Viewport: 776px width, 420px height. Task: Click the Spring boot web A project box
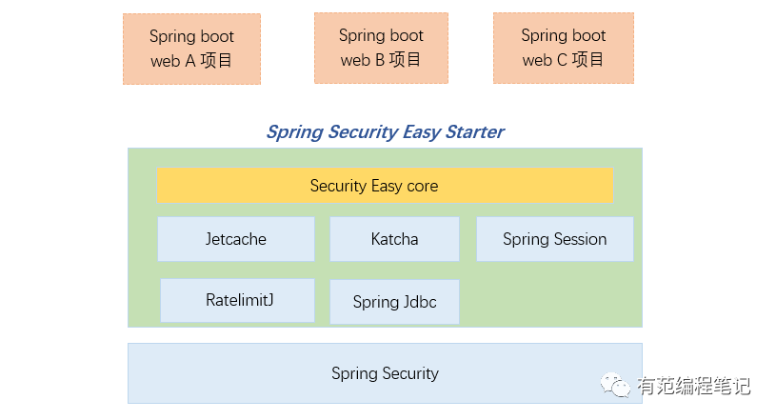(x=191, y=49)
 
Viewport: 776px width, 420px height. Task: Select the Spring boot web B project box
(x=381, y=48)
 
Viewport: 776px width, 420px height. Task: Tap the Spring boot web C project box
(x=563, y=48)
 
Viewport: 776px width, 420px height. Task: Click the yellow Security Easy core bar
(x=385, y=186)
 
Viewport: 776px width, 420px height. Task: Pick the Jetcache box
(x=236, y=239)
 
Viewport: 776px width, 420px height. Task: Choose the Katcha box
(x=394, y=239)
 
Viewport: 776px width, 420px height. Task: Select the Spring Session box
(x=554, y=239)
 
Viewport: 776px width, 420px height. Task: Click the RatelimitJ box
(x=237, y=300)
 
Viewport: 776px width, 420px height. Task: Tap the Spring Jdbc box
(x=394, y=302)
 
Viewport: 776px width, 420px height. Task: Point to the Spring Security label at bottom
(x=385, y=373)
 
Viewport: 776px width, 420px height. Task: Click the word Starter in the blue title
(x=472, y=131)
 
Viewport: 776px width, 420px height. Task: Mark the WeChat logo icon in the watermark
(x=615, y=385)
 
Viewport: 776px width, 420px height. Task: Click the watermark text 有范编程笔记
(x=694, y=386)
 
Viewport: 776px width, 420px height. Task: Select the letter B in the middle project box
(x=378, y=60)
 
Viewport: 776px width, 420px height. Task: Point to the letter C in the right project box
(x=560, y=60)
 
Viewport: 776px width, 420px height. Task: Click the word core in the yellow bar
(x=422, y=186)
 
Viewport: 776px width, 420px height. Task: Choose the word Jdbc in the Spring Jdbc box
(x=419, y=302)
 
